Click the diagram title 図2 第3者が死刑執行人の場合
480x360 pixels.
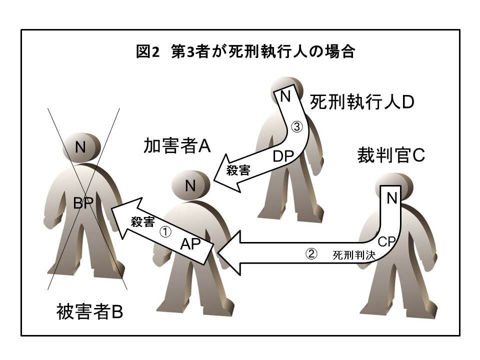pyautogui.click(x=245, y=52)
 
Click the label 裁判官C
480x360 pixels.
pyautogui.click(x=390, y=155)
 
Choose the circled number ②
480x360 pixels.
pyautogui.click(x=311, y=254)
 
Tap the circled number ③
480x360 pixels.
pyautogui.click(x=297, y=127)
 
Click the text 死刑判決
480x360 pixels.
pyautogui.click(x=354, y=255)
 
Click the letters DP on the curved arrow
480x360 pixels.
pyautogui.click(x=283, y=156)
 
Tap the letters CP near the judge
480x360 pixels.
pyautogui.click(x=387, y=241)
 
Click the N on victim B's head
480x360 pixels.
pyautogui.click(x=80, y=147)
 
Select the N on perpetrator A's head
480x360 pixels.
pyautogui.click(x=190, y=186)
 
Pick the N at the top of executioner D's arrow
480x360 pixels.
pyautogui.click(x=285, y=96)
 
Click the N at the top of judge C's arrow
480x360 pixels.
pyautogui.click(x=392, y=198)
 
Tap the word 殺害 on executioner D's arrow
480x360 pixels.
pyautogui.click(x=238, y=170)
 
